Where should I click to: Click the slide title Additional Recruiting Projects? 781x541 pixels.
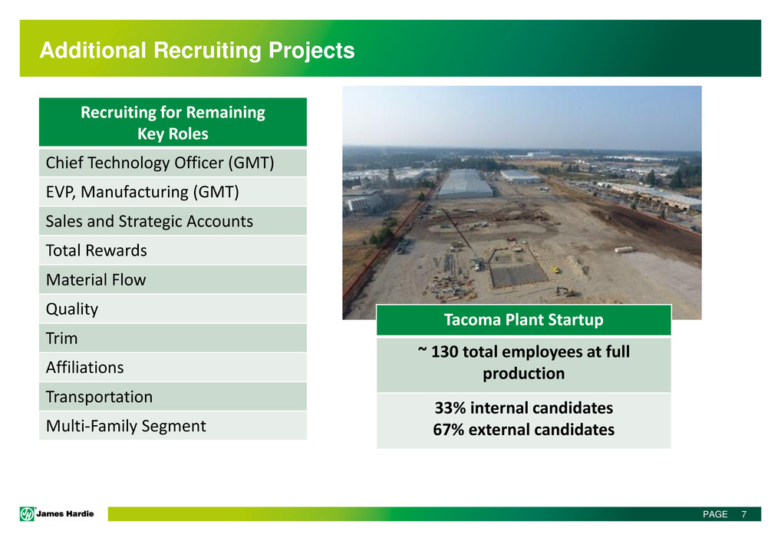pos(197,51)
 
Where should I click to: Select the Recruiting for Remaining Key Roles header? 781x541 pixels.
pos(173,123)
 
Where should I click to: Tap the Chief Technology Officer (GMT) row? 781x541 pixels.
pos(173,163)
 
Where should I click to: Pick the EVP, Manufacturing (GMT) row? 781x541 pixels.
pos(173,193)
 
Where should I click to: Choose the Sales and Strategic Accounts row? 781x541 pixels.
pos(173,221)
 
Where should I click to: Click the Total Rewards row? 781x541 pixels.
pos(173,251)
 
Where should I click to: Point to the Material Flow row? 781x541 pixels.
pos(173,280)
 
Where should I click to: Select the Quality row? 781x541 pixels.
pos(173,308)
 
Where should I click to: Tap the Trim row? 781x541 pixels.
pos(173,338)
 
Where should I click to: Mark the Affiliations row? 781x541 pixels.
pos(173,368)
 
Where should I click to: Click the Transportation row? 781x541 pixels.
pos(173,397)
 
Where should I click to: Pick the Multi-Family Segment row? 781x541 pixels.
pos(173,426)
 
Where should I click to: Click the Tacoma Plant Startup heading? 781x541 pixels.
pos(523,320)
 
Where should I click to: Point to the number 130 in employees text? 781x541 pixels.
pos(444,351)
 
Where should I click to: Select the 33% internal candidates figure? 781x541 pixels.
pos(523,408)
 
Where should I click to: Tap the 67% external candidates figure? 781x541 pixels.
pos(523,430)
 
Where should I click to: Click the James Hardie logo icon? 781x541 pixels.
pos(27,513)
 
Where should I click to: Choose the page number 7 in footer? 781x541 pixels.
pos(743,514)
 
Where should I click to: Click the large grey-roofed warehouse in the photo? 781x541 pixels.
pos(465,183)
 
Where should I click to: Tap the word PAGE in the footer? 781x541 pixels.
pos(715,514)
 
